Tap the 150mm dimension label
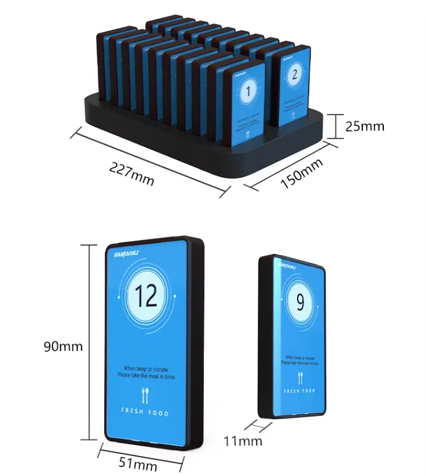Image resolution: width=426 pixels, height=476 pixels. [x=302, y=173]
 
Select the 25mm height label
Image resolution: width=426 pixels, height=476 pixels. [x=364, y=126]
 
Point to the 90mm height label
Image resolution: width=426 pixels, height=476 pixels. [x=63, y=346]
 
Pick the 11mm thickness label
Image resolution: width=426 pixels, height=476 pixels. [x=243, y=440]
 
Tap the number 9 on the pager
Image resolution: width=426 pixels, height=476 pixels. [x=300, y=303]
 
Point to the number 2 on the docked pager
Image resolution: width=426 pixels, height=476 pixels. [x=294, y=75]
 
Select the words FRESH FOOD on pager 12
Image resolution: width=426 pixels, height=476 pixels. [x=145, y=412]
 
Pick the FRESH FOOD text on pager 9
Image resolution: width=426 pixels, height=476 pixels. [x=299, y=391]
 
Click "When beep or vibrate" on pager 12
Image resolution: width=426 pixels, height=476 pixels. [x=146, y=369]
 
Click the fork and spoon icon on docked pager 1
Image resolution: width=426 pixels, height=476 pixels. [x=248, y=135]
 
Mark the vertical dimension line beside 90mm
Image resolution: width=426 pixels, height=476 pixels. [x=89, y=342]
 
